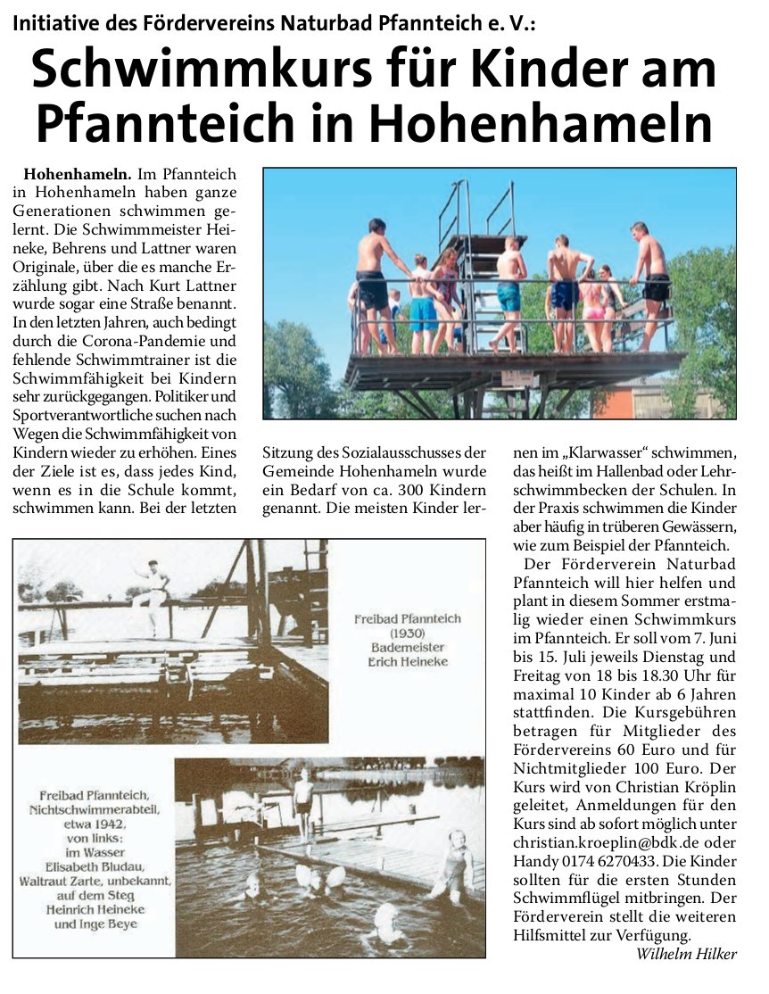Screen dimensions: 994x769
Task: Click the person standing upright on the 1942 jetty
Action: click(x=304, y=801)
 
